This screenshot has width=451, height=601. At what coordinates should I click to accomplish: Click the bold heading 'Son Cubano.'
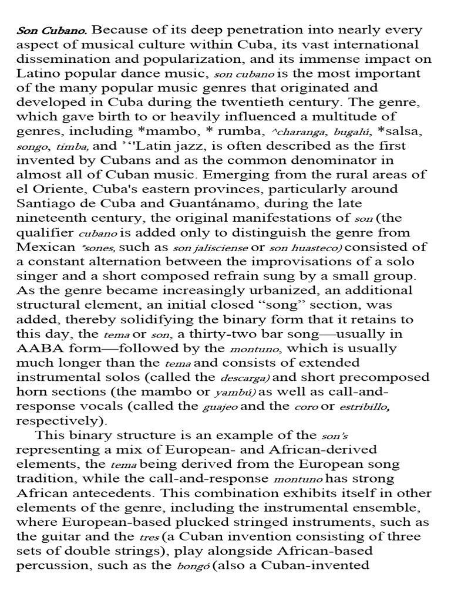51,31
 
